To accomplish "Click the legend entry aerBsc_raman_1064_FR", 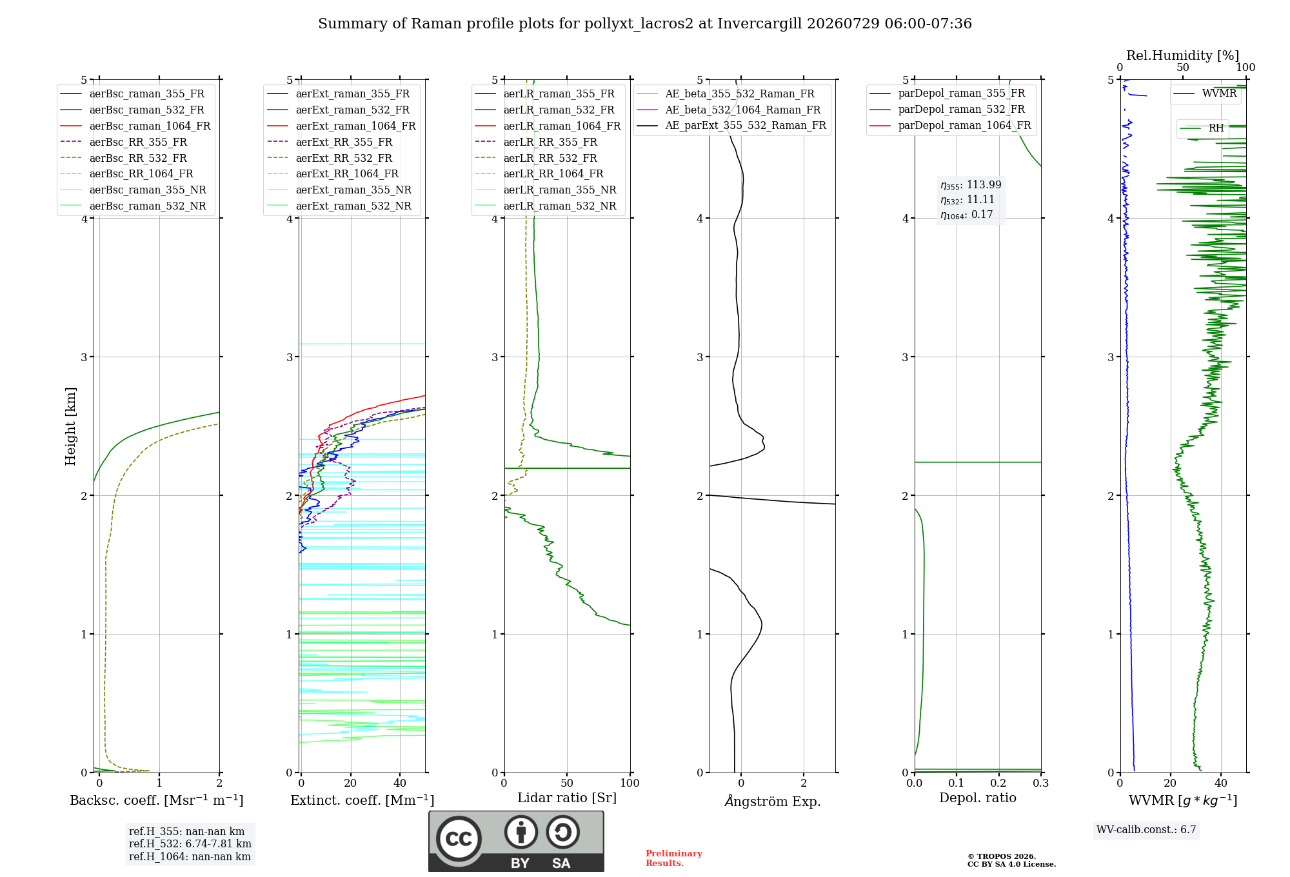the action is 135,126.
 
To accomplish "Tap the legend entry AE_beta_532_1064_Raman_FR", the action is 729,110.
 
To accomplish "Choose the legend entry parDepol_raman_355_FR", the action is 948,94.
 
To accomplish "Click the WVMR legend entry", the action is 1205,94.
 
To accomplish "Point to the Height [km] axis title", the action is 70,426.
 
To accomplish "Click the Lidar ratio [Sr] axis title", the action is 567,798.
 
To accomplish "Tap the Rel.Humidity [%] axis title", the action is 1183,55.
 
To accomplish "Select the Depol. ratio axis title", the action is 978,798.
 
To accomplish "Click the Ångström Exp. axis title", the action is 773,801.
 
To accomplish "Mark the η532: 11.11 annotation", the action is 967,200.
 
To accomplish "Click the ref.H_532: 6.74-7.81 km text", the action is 190,844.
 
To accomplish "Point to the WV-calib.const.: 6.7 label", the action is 1146,830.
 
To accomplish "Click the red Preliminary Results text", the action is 674,858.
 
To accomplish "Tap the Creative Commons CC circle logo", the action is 459,839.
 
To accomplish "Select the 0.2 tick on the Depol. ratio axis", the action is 998,783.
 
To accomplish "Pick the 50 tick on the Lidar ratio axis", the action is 567,783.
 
